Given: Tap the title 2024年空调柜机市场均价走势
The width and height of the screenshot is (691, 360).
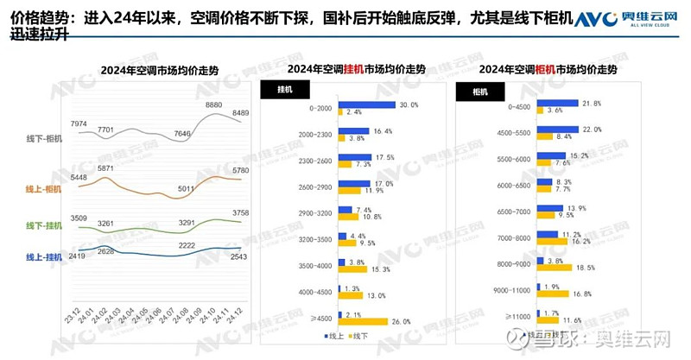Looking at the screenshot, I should [550, 69].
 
